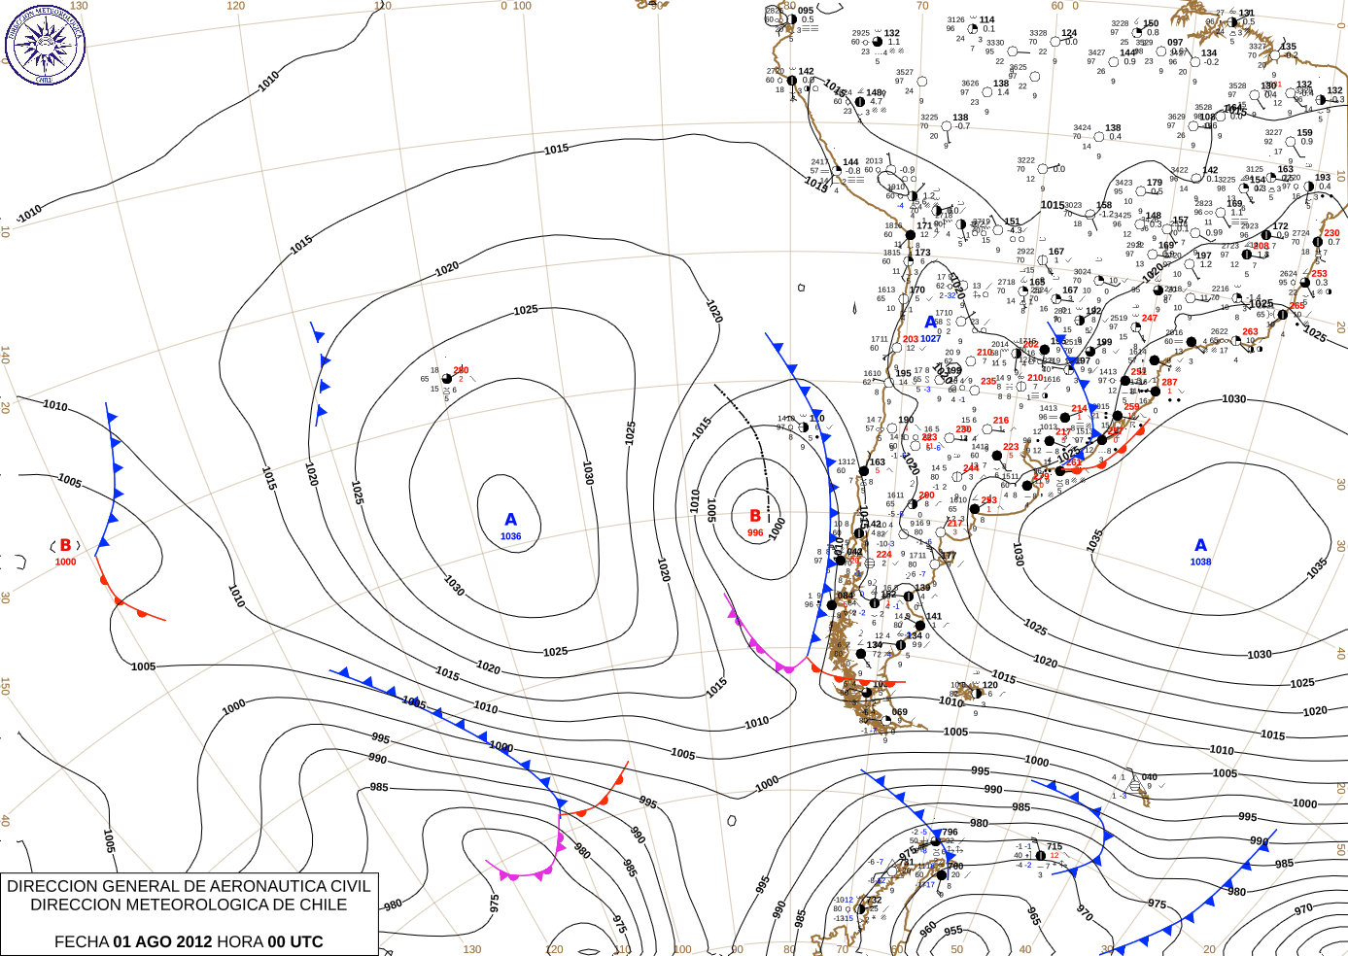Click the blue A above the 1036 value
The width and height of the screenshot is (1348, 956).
511,520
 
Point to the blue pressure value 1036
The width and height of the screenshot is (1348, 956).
511,536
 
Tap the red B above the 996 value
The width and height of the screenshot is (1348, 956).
755,516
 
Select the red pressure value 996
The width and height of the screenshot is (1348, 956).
755,532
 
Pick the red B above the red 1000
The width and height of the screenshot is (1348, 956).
65,545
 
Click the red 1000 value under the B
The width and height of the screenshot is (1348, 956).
65,562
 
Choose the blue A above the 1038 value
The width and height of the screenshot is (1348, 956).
1201,545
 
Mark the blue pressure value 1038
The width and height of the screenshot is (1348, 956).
1201,562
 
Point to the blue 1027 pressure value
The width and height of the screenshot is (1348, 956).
931,338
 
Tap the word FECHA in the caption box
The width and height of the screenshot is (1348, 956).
82,941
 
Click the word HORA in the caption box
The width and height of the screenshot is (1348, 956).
238,941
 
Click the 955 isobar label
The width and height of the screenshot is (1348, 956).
953,931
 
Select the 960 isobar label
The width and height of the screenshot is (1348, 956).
929,929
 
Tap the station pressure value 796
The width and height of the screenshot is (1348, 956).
950,832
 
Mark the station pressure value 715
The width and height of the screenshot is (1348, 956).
1054,846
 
